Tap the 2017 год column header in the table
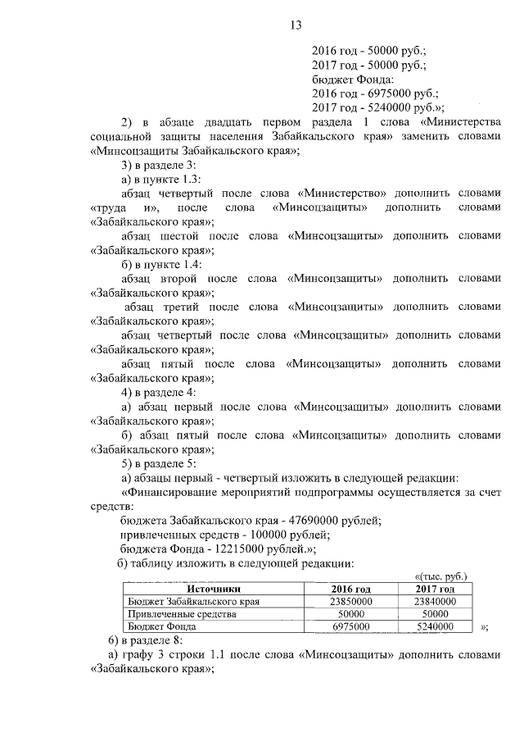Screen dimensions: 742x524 coord(434,589)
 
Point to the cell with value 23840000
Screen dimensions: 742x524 coord(434,601)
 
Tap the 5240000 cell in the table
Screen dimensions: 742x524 coord(434,626)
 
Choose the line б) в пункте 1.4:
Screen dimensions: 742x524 coord(160,263)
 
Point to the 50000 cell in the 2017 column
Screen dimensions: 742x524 coord(434,613)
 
